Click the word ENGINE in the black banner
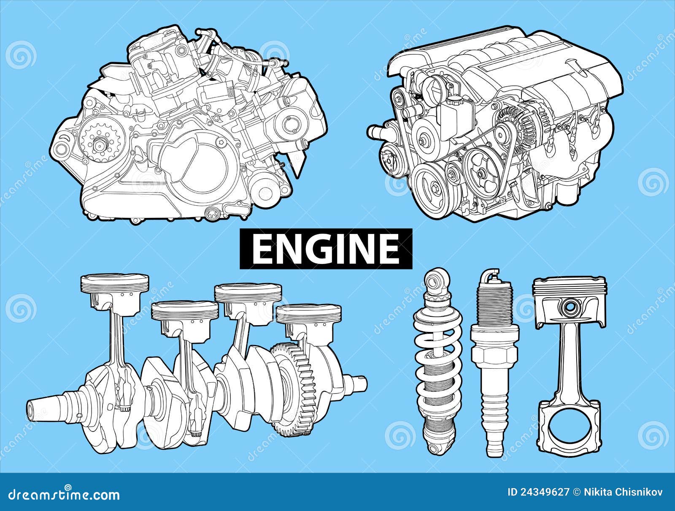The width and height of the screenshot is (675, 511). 325,249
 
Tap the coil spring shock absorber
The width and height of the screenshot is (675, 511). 439,363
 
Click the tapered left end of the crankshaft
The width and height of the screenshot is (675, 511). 42,408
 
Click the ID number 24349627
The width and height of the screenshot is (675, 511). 543,492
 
